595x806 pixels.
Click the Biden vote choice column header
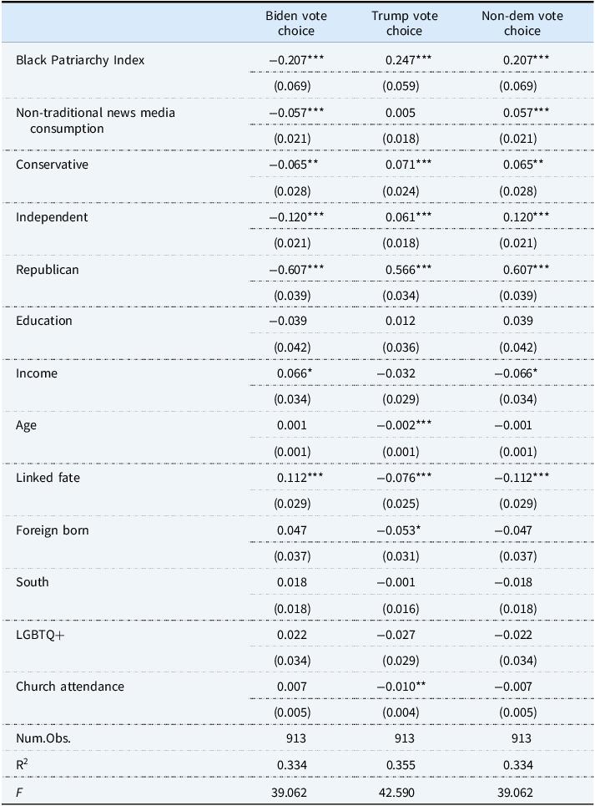[296, 23]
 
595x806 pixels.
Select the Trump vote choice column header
[405, 23]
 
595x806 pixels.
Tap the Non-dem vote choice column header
[522, 23]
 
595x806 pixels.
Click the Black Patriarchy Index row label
[80, 60]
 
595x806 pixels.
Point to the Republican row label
[48, 270]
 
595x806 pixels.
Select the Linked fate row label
[48, 478]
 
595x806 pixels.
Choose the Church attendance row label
[70, 687]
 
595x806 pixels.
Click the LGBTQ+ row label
[40, 635]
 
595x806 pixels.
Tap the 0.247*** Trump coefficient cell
[408, 60]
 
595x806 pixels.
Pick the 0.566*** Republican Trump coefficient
[408, 269]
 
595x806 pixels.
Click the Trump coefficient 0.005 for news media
[401, 113]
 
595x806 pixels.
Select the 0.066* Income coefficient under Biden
[295, 373]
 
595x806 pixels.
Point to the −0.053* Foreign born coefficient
[399, 530]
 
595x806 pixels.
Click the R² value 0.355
[401, 765]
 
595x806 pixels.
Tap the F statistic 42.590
[396, 793]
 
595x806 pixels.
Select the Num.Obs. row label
[43, 738]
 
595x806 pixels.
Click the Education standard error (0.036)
[401, 347]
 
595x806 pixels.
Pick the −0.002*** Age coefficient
[404, 425]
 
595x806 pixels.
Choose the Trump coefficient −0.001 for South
[396, 582]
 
